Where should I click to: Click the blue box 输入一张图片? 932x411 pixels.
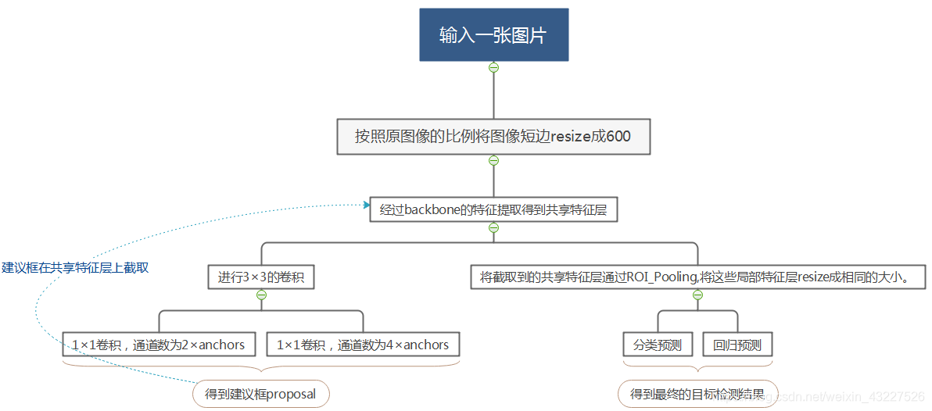[493, 35]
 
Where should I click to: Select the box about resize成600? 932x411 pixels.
[493, 137]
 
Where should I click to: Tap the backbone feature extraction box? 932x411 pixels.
[493, 209]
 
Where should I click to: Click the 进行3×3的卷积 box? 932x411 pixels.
[261, 277]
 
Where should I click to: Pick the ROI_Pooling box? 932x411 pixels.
[698, 277]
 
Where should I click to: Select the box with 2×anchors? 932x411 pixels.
[159, 345]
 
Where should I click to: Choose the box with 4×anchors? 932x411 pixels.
[363, 345]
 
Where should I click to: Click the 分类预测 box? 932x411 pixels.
[658, 345]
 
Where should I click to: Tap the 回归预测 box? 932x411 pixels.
[737, 345]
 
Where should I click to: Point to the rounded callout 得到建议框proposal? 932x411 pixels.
[260, 394]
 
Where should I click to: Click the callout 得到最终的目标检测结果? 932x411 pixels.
[698, 394]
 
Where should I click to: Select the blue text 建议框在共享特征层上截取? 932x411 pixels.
[75, 267]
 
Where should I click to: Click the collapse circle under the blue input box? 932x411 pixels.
[493, 67]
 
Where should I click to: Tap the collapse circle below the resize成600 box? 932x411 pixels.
[493, 161]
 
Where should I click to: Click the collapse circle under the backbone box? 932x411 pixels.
[493, 228]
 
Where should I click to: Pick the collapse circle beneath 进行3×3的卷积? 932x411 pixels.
[261, 295]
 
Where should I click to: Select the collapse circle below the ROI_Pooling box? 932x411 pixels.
[698, 295]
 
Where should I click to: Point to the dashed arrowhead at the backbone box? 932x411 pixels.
[365, 205]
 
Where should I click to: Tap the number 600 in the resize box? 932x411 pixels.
[618, 137]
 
